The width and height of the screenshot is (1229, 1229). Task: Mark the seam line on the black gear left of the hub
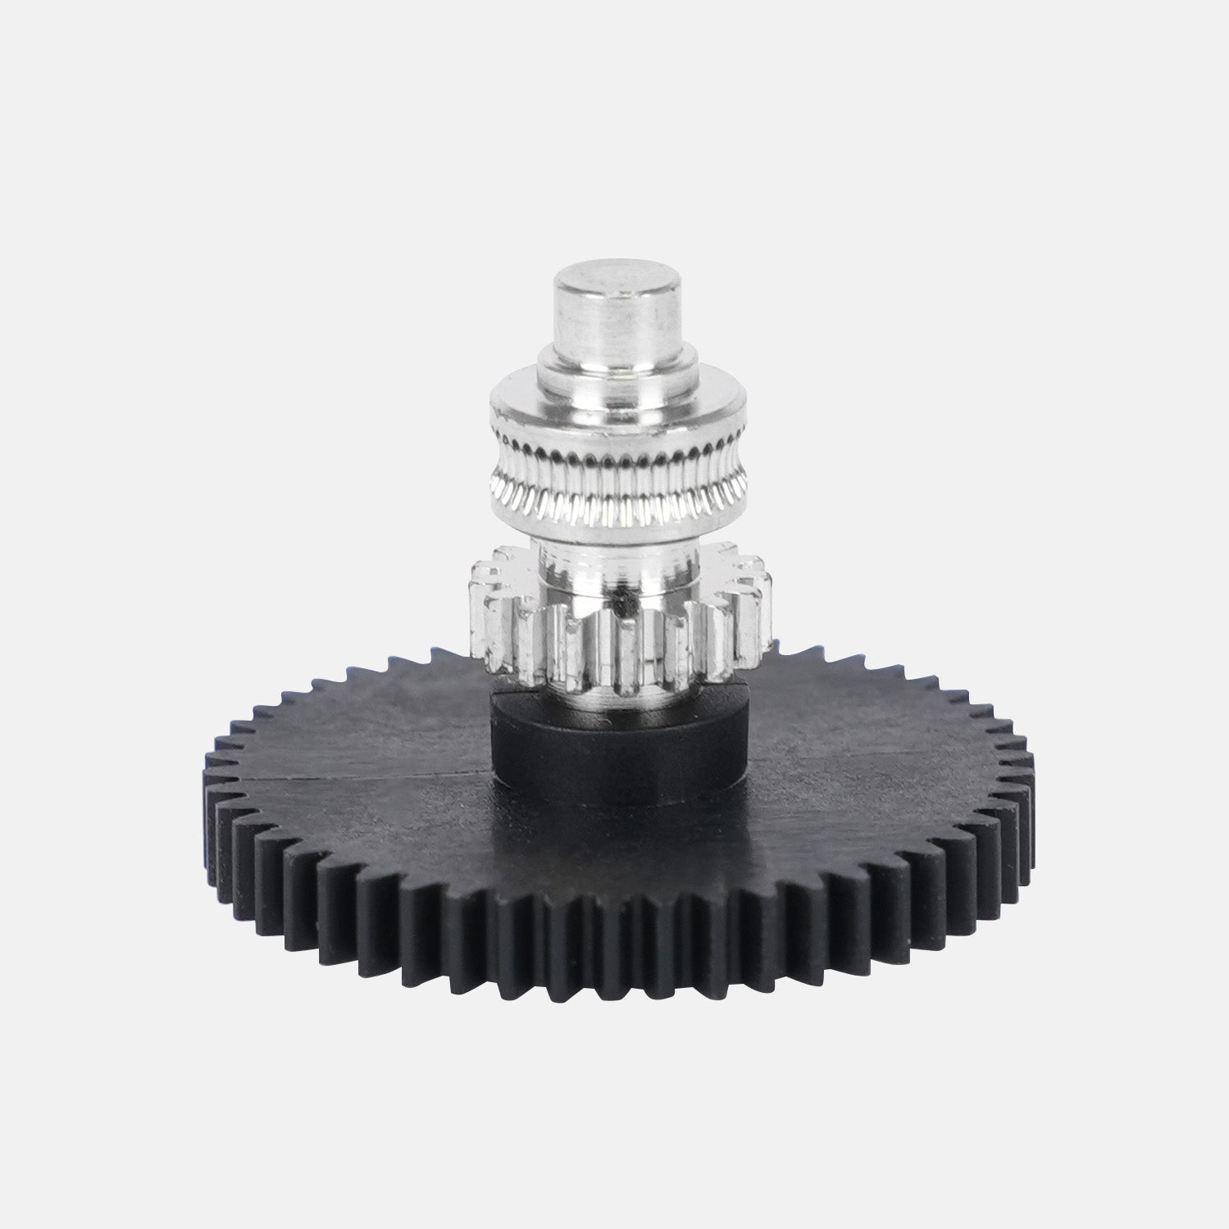tap(369, 775)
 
